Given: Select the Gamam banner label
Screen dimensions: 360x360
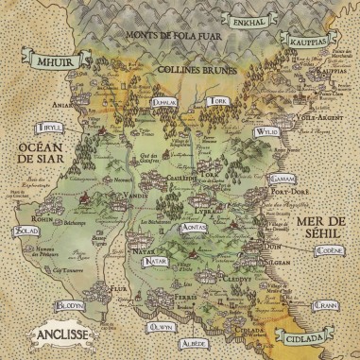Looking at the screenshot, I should click(x=283, y=179).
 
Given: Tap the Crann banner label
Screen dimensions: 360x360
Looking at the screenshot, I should click(x=328, y=306).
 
